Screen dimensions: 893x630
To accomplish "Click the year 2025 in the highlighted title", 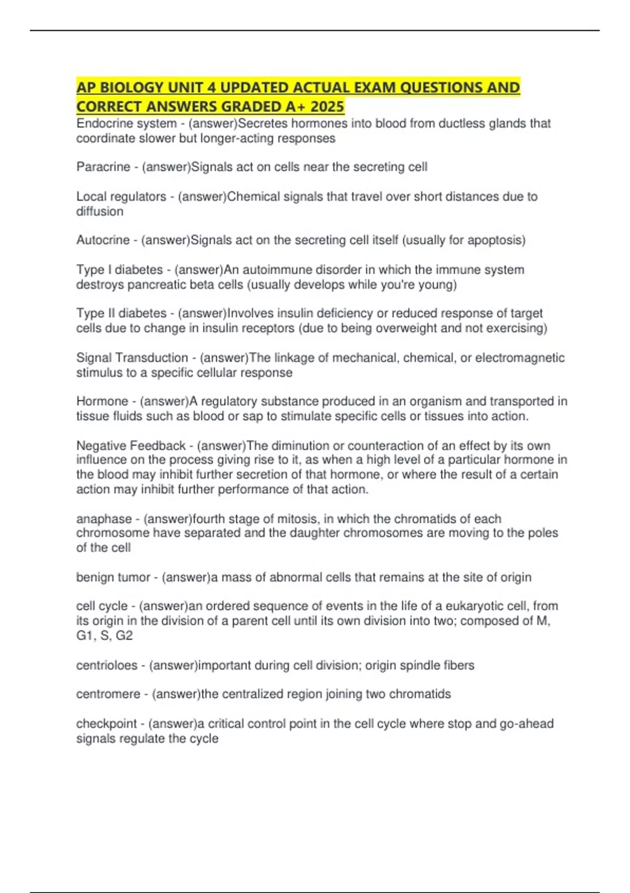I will [327, 107].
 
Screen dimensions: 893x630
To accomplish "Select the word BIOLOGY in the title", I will [129, 87].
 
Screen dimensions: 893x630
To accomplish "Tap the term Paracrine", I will [103, 167].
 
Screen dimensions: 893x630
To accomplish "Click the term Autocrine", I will [103, 240].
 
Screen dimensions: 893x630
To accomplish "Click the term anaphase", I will [103, 519].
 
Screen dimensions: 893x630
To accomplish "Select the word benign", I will [94, 577].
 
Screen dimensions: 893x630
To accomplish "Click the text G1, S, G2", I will [104, 636].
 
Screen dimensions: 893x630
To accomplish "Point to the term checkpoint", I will [107, 724].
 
